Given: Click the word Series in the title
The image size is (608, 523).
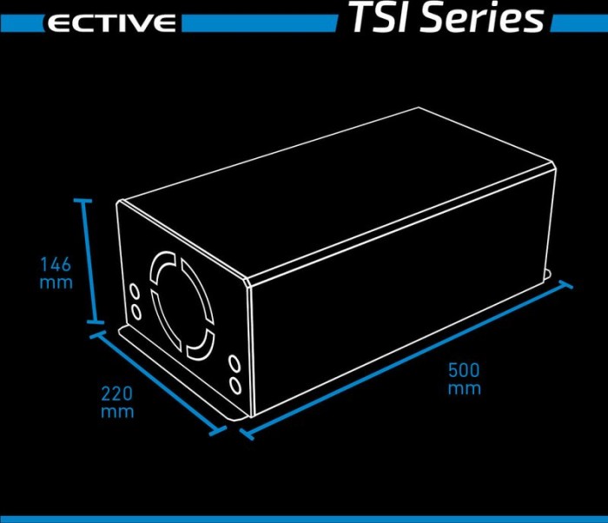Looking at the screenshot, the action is pos(482,17).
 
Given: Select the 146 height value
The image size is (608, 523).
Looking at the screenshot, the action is pos(56,264).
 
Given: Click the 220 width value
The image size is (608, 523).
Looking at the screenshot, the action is pos(117,394).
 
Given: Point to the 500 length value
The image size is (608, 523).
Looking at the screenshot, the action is pos(464,370).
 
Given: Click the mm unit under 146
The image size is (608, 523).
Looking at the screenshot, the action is pos(56,283).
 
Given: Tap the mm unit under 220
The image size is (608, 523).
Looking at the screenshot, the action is pos(117,412).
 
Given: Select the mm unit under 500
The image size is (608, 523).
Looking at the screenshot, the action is pos(465,388).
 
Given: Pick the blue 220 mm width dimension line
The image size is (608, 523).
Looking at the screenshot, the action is pos(158,383).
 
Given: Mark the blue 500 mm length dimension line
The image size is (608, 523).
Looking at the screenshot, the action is pos(406,360).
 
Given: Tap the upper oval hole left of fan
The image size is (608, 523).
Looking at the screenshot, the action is pos(135,292).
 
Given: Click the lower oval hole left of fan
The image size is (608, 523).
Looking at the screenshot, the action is pos(136,312).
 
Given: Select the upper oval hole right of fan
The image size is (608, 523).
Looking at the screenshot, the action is pos(235,364).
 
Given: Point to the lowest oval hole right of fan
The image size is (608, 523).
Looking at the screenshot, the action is pos(235,386).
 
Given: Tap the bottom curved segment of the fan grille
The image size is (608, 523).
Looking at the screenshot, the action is pos(202,345).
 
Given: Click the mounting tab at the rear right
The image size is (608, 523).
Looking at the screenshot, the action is pos(548,274).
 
